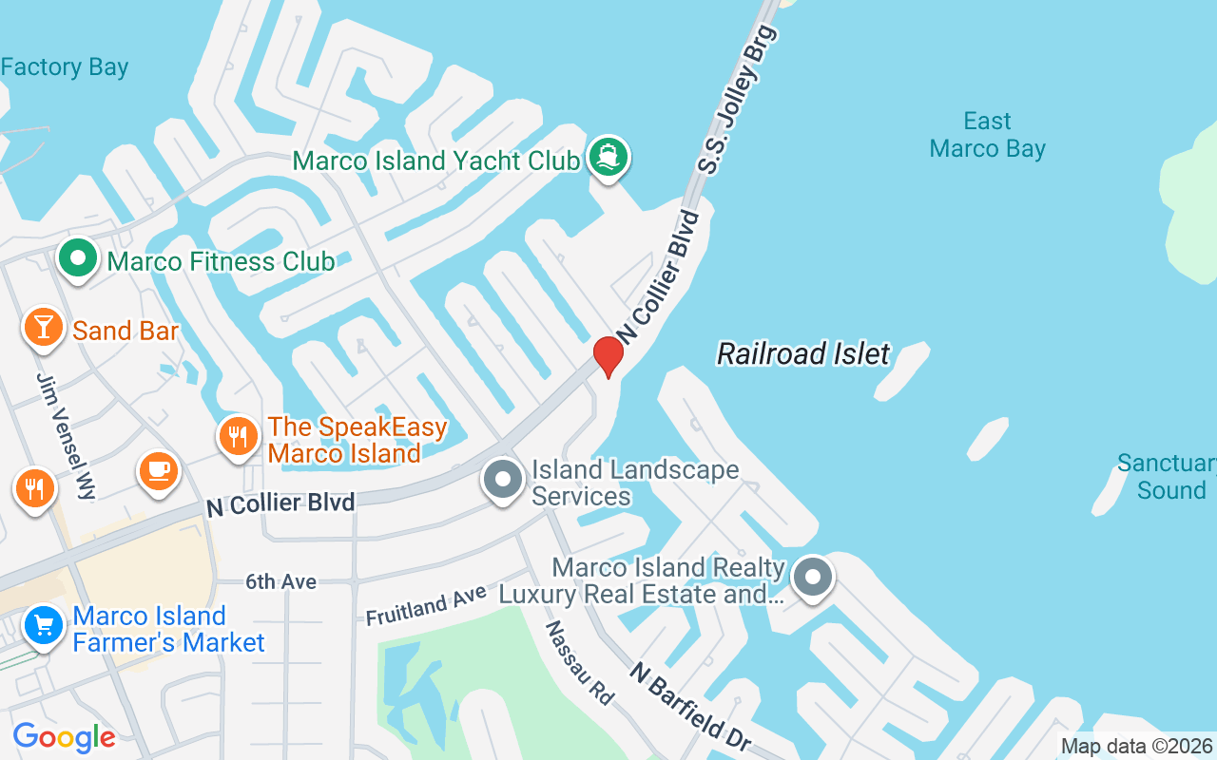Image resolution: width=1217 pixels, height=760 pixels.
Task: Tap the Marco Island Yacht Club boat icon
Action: point(608,157)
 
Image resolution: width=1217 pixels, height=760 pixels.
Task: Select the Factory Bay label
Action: point(65,67)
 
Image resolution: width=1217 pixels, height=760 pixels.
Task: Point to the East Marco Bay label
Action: point(987,135)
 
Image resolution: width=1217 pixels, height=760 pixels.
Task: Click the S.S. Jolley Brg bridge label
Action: point(738,99)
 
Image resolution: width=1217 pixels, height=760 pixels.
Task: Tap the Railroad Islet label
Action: point(803,354)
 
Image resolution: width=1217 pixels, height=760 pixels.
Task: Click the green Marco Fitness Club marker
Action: point(78,257)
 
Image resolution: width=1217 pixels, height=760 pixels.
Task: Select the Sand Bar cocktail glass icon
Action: point(43,327)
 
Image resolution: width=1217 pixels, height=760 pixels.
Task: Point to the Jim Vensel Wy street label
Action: point(67,436)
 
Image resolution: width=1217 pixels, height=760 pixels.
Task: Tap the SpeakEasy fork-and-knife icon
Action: point(238,437)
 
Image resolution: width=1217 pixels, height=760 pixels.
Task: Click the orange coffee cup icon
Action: point(158,470)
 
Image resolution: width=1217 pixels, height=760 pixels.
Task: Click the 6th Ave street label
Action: point(280,581)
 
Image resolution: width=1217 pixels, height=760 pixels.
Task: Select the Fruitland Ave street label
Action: point(426,606)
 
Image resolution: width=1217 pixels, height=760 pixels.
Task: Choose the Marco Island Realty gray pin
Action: point(812,578)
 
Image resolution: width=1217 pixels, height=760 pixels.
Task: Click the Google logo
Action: point(64,737)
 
